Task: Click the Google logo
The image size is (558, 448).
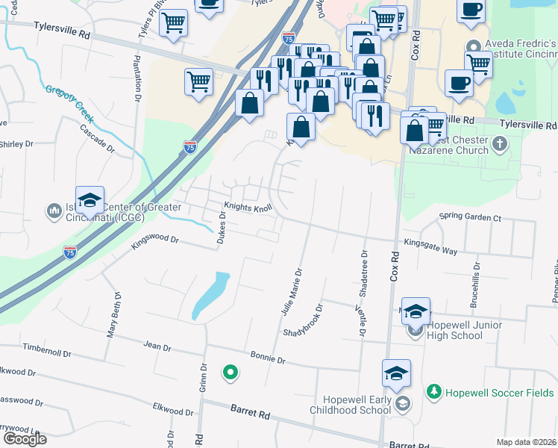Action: click(24, 439)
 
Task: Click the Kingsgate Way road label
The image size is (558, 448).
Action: click(430, 246)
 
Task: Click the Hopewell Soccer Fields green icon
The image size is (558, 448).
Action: click(433, 391)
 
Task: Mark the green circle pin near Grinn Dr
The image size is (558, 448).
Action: click(231, 371)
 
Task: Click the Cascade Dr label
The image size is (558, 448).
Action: click(98, 137)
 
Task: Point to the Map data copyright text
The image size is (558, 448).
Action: click(527, 442)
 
